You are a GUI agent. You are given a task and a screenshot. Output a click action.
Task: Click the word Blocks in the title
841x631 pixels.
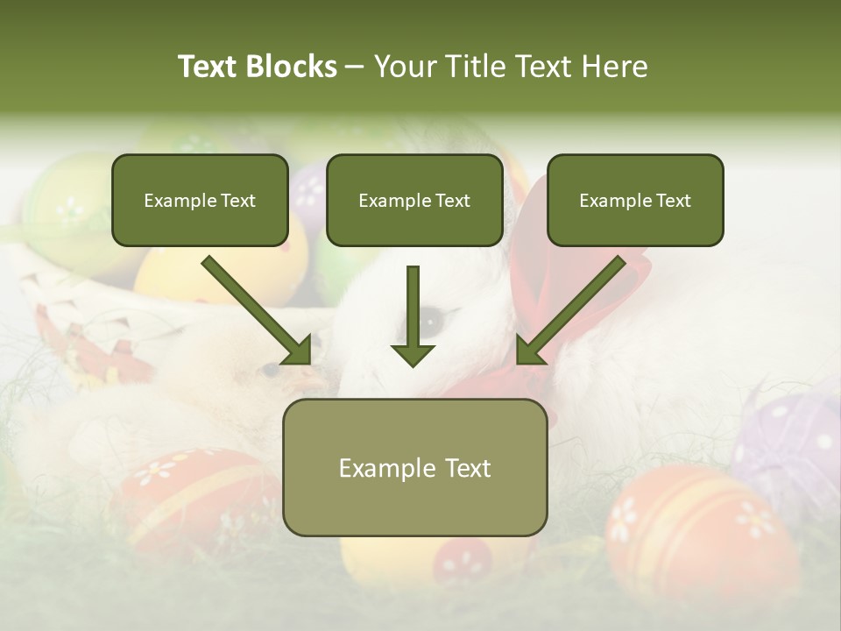(x=291, y=67)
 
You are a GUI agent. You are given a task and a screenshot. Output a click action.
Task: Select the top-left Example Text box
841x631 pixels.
(x=200, y=200)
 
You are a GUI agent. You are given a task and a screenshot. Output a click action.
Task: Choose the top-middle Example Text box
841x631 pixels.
(x=414, y=200)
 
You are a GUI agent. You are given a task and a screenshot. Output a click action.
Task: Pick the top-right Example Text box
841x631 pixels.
(x=635, y=200)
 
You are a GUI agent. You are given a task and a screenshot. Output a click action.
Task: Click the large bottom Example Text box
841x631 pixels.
(x=414, y=467)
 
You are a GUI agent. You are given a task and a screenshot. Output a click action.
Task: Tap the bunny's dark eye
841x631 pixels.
(x=432, y=321)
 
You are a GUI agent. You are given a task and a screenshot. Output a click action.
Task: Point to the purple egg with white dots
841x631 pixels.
(x=788, y=438)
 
